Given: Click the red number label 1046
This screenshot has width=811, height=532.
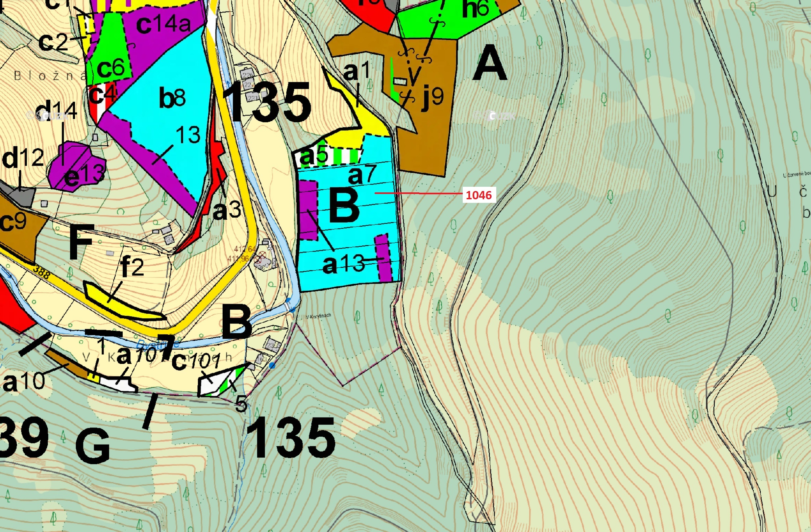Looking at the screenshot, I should pyautogui.click(x=479, y=195).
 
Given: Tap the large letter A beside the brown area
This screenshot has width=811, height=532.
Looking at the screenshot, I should pyautogui.click(x=490, y=64).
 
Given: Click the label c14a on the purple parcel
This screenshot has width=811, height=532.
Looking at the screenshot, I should pyautogui.click(x=163, y=24).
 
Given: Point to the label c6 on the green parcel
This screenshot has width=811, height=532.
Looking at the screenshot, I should pyautogui.click(x=111, y=68).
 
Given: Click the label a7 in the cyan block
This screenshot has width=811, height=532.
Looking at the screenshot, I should pyautogui.click(x=362, y=174).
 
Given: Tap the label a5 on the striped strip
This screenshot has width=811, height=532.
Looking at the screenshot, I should pyautogui.click(x=314, y=156).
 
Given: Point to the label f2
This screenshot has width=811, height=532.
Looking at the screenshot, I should pyautogui.click(x=132, y=267).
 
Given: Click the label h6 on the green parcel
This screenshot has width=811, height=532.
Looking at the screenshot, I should pyautogui.click(x=476, y=9).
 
